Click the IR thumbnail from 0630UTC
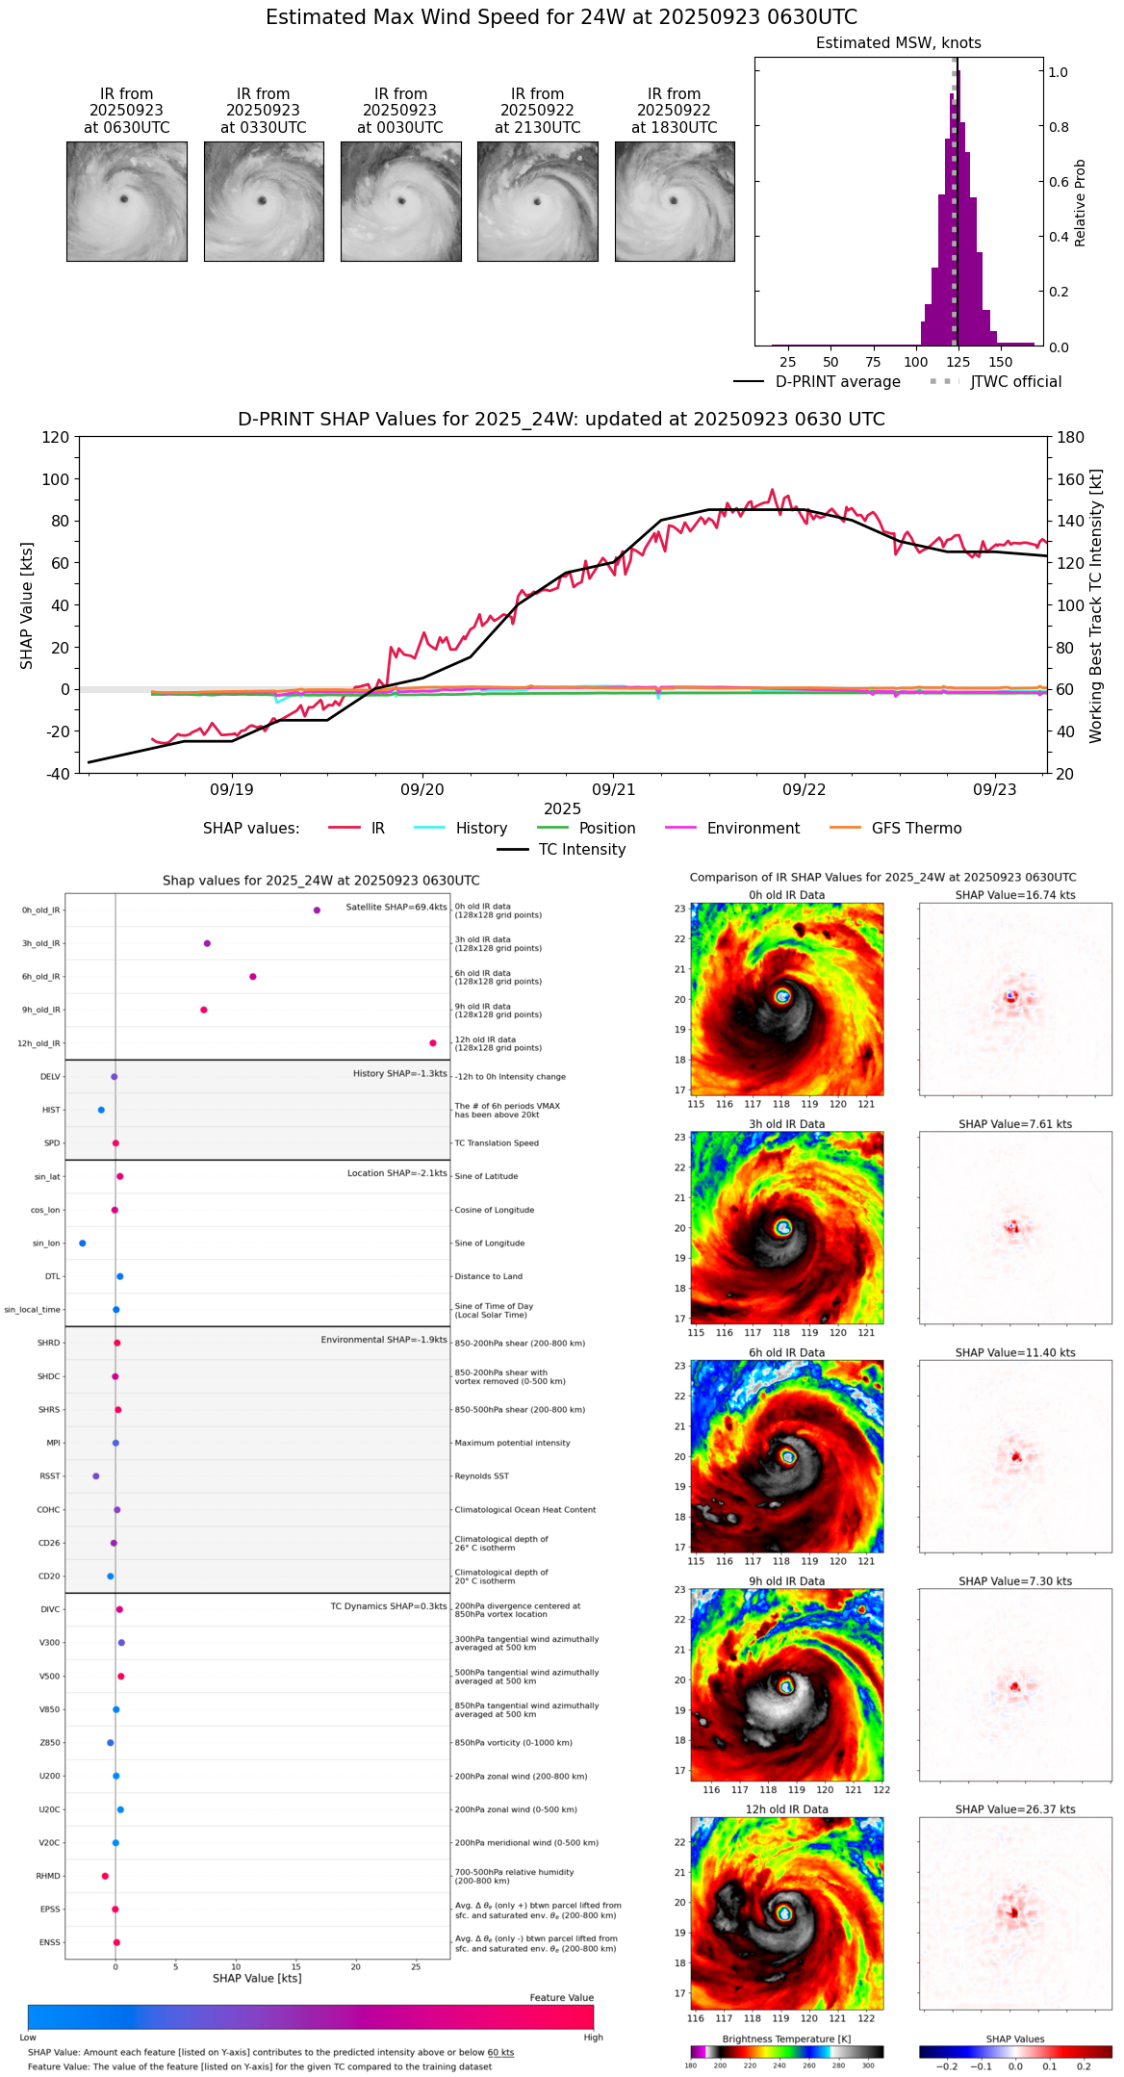coord(126,201)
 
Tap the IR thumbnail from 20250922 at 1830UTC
coord(674,201)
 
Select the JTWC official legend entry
coord(1015,382)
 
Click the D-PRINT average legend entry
coord(837,382)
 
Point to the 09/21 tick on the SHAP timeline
coord(613,789)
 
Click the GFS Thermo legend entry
coord(916,829)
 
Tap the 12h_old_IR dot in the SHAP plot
coord(433,1043)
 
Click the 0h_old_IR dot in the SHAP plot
coord(317,910)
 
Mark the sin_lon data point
coord(83,1244)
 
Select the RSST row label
coord(50,1476)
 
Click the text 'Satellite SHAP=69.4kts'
coord(396,908)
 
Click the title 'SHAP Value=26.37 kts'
coord(1015,1810)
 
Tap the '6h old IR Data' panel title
coord(786,1353)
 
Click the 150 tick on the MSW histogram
coord(1001,363)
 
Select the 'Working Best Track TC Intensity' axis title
coord(1095,606)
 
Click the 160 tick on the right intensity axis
coord(1071,479)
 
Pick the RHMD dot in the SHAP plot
coord(105,1876)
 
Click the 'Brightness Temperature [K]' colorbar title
coord(786,2039)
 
